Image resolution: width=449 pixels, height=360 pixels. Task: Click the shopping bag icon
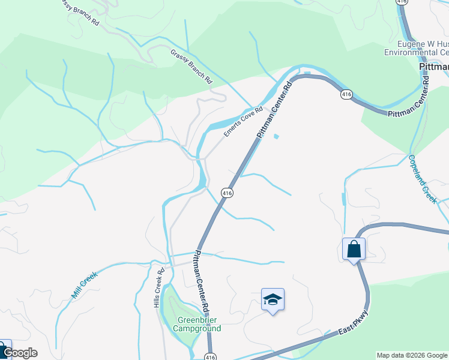point(354,248)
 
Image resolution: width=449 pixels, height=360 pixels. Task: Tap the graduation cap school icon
point(273,299)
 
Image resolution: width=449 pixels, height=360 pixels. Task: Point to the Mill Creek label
point(85,284)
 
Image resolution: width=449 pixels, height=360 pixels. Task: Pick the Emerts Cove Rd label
point(244,122)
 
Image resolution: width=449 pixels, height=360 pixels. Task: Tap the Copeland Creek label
point(423,179)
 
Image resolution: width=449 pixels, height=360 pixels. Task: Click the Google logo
point(20,353)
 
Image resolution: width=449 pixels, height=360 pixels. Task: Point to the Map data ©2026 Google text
point(412,355)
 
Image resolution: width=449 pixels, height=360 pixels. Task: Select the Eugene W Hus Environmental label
point(416,48)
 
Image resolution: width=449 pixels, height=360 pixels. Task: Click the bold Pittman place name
point(433,68)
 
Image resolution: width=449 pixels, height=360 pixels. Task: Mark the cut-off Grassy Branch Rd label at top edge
point(80,13)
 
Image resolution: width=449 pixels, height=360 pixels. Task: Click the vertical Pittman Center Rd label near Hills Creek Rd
point(200,281)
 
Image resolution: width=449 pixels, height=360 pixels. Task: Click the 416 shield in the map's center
point(226,193)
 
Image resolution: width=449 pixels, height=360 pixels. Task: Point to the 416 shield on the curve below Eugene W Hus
point(346,95)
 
